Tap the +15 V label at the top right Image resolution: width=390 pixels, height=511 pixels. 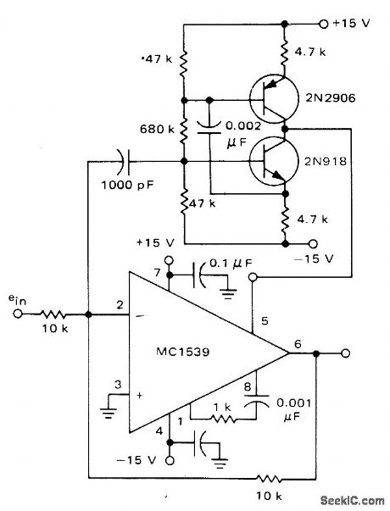[357, 23]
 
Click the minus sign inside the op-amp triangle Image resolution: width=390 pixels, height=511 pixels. [140, 318]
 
